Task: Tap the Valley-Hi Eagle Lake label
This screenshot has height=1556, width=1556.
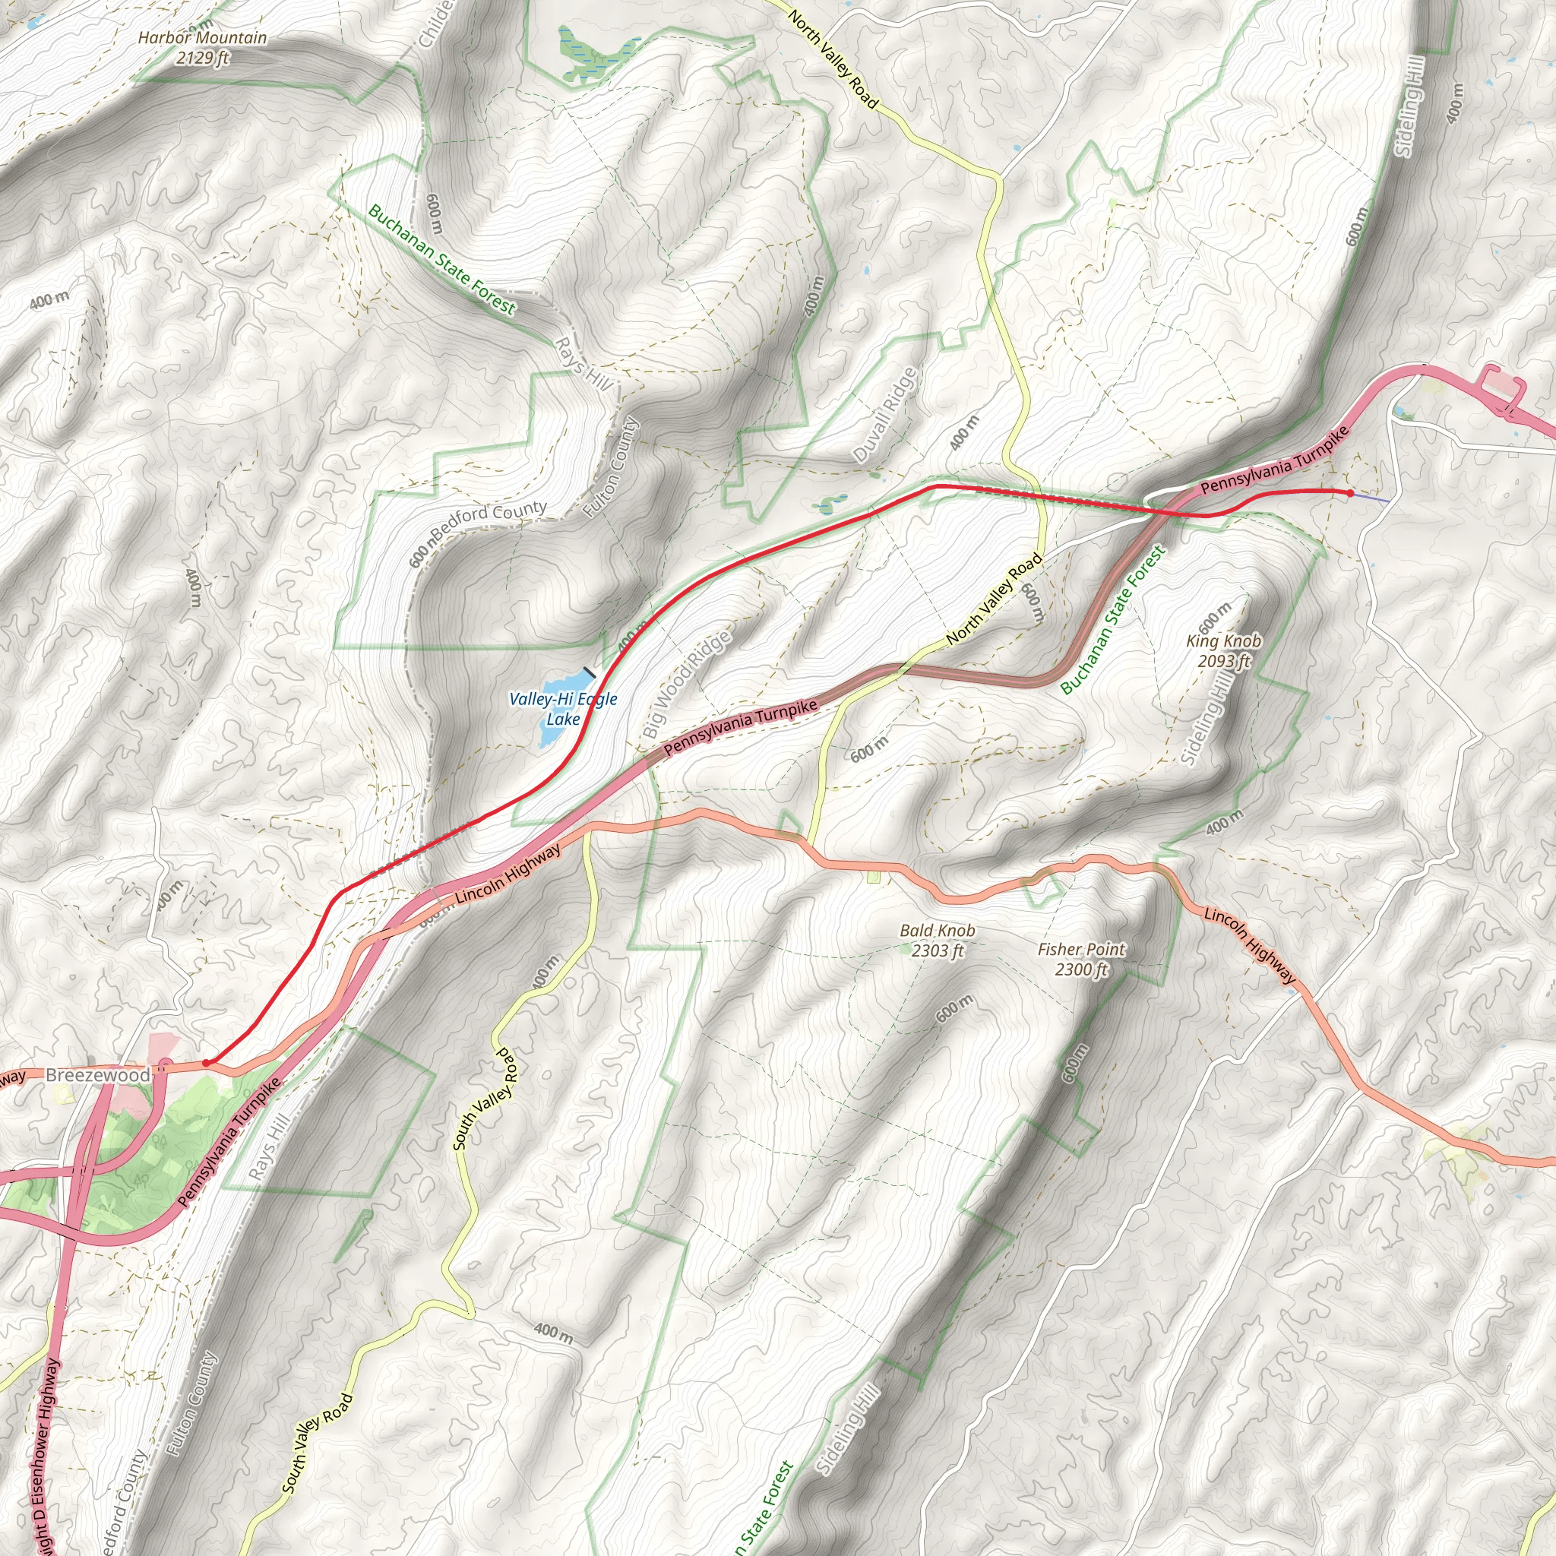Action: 563,709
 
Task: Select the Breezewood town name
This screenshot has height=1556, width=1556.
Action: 97,1075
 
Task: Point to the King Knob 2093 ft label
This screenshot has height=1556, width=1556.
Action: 1223,651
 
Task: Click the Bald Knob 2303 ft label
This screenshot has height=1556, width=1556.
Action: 938,940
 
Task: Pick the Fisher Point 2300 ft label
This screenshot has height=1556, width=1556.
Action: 1081,958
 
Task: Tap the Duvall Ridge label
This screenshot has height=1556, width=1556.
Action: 885,415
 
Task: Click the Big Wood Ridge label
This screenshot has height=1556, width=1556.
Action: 687,684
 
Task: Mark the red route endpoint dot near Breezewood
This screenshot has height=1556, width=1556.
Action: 206,1063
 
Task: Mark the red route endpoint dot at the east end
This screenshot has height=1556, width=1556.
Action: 1350,493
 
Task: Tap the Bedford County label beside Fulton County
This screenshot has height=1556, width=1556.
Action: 489,522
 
